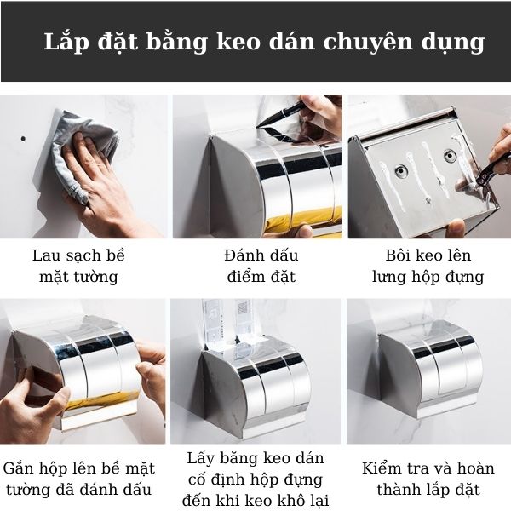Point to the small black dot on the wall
pyautogui.click(x=24, y=136)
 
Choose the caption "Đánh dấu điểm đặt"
pyautogui.click(x=256, y=266)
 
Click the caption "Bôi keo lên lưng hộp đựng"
pyautogui.click(x=428, y=266)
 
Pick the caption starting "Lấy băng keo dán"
pyautogui.click(x=256, y=479)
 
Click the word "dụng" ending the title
pyautogui.click(x=457, y=43)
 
